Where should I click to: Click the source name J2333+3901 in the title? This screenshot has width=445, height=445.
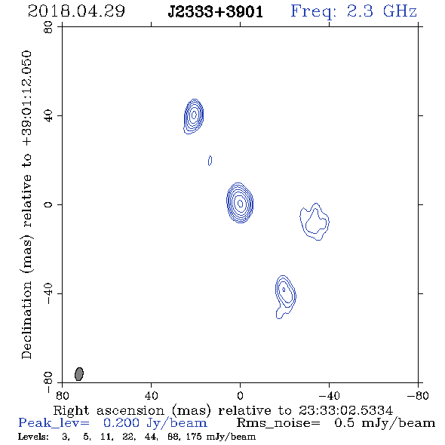click(215, 12)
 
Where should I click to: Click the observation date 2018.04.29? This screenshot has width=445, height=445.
click(76, 11)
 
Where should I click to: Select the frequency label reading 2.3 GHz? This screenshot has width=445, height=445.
click(382, 11)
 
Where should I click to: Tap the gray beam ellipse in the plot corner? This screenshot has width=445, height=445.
click(79, 374)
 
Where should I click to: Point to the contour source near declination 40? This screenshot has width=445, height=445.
click(194, 116)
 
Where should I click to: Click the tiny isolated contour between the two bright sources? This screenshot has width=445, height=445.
click(210, 161)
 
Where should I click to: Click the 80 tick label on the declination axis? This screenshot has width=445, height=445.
click(48, 27)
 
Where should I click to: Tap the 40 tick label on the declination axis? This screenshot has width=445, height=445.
click(48, 116)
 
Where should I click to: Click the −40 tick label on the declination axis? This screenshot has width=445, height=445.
click(48, 293)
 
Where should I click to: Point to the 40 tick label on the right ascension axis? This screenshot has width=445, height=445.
click(151, 395)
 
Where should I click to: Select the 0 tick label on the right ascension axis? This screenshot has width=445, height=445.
click(240, 395)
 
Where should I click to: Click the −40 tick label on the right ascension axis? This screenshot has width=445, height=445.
click(329, 395)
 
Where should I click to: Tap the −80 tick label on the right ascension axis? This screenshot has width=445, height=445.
click(418, 395)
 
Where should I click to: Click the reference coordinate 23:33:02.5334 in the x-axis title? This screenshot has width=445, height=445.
click(345, 410)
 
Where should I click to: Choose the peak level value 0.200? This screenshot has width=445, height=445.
click(121, 423)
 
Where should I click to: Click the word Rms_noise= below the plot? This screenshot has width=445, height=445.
click(278, 423)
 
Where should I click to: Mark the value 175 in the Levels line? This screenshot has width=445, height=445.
click(197, 436)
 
